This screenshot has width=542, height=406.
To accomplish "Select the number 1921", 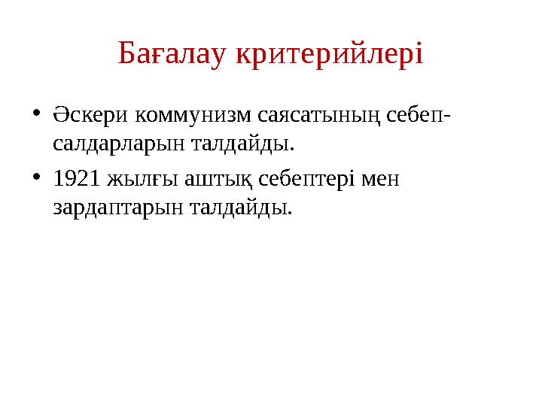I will pos(75,180).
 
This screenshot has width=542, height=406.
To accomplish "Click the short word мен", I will pos(379,180).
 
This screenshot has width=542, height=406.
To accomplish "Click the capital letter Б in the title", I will pos(126,54).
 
